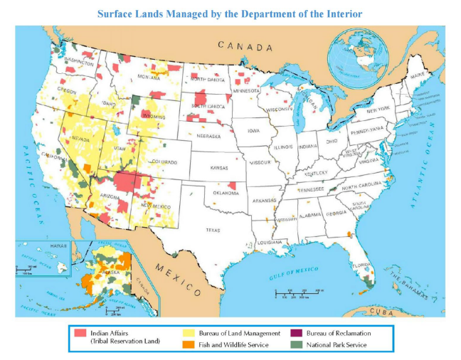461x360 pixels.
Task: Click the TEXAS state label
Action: point(213,230)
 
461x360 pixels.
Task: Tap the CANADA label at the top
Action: point(245,46)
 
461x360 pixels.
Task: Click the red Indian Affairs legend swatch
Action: point(80,332)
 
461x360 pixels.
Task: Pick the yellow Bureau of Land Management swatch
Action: point(190,332)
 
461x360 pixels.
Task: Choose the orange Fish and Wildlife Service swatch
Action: point(190,344)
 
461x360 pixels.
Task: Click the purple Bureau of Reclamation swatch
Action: point(295,332)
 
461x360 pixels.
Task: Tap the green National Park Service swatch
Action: point(295,344)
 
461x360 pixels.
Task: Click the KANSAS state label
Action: point(219,168)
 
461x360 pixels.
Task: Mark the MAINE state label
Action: point(418,74)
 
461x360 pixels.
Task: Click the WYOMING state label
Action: point(153,115)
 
